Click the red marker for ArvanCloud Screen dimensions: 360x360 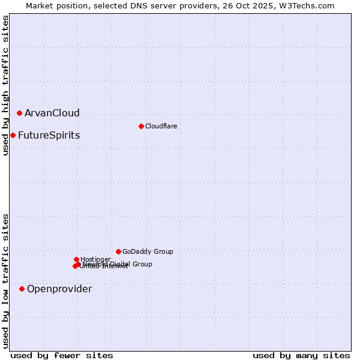pyautogui.click(x=19, y=113)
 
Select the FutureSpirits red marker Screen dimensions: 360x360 pyautogui.click(x=13, y=135)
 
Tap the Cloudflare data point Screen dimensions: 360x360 pyautogui.click(x=141, y=126)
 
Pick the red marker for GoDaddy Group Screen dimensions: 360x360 pyautogui.click(x=118, y=251)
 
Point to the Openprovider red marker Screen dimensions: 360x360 pyautogui.click(x=22, y=289)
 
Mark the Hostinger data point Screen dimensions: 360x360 pyautogui.click(x=76, y=259)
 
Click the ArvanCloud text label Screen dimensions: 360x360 pyautogui.click(x=52, y=113)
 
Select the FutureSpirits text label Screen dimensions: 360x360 pyautogui.click(x=49, y=135)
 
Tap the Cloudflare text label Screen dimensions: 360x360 pyautogui.click(x=161, y=126)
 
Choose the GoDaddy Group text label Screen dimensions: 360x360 pyautogui.click(x=148, y=251)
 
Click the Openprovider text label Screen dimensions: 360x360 pyautogui.click(x=59, y=289)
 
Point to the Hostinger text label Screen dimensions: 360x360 pyautogui.click(x=95, y=259)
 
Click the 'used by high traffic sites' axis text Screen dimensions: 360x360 pyautogui.click(x=5, y=85)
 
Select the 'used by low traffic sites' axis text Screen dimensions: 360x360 pyautogui.click(x=5, y=281)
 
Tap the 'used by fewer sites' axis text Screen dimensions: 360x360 pyautogui.click(x=62, y=355)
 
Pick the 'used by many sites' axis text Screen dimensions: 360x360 pyautogui.click(x=301, y=355)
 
